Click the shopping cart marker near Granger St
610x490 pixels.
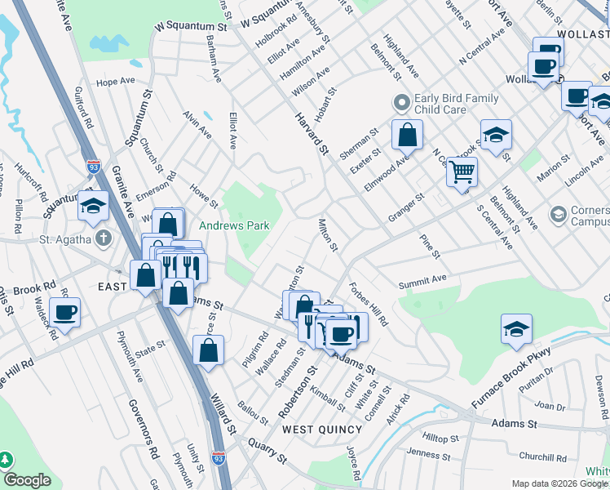point(462,171)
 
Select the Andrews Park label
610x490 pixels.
point(235,225)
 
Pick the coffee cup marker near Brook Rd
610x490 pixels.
point(64,311)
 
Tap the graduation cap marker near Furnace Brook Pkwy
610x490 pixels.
point(515,329)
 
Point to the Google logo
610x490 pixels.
point(27,481)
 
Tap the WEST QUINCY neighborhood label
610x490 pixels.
point(321,430)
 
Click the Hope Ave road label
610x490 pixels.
point(115,82)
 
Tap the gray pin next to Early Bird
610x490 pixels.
point(400,104)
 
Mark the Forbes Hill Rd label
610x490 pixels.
point(369,303)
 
